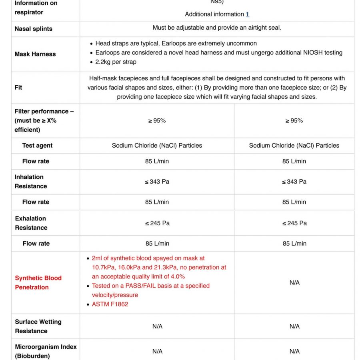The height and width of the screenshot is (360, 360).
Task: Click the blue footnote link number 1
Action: tap(248, 14)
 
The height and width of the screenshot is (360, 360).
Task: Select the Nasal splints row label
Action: tap(33, 29)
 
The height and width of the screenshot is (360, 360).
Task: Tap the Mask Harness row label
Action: tap(35, 54)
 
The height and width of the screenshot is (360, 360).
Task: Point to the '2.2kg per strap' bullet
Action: tap(116, 62)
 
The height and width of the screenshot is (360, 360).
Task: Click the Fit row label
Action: tap(18, 87)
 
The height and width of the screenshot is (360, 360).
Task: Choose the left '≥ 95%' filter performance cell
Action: tap(157, 120)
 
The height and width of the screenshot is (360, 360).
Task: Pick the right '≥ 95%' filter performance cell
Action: tap(294, 120)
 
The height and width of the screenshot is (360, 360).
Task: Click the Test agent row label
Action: tap(37, 146)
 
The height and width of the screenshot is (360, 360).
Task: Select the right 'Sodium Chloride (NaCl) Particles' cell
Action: tap(294, 146)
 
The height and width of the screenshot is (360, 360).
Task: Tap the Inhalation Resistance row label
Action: tap(31, 182)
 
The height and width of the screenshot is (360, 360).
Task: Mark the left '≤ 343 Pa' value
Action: tap(157, 182)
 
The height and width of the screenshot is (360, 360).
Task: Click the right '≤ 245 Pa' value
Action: tap(294, 223)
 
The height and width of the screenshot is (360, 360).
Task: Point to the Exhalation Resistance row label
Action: tap(31, 223)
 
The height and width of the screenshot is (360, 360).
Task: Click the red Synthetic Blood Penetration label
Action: tap(38, 282)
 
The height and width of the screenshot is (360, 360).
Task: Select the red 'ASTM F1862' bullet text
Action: tap(110, 304)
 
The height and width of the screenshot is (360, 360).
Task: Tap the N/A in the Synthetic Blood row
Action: tap(294, 282)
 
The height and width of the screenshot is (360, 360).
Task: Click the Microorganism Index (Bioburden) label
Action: tap(45, 351)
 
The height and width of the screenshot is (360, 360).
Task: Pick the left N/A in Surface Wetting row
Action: tap(157, 326)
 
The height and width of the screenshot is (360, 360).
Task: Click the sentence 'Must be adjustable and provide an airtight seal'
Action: tap(217, 28)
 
